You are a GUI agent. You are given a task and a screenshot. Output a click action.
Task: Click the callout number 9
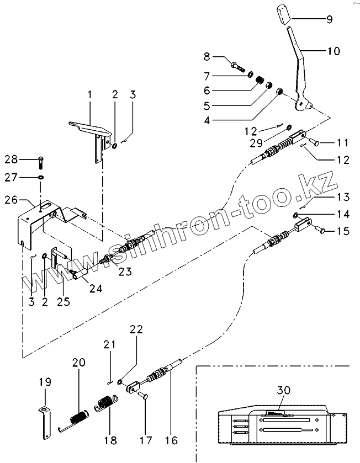pos(329,19)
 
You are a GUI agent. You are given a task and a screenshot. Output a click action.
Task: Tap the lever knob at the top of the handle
pos(284,13)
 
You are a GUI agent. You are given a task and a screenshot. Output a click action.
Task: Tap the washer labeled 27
pos(41,178)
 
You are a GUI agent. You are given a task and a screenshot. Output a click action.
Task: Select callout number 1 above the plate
pos(88,95)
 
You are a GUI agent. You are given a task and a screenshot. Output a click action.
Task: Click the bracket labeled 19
pos(44,416)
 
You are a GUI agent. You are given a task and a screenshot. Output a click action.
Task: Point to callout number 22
pos(136,329)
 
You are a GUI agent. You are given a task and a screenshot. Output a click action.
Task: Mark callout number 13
pos(343,197)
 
